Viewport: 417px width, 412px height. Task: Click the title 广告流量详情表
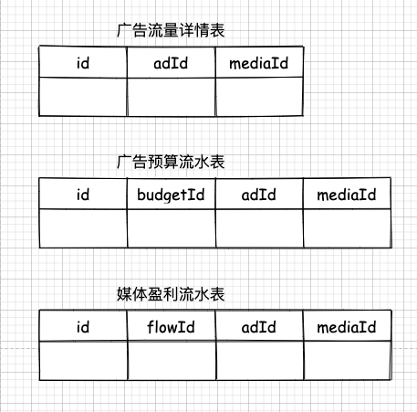point(171,30)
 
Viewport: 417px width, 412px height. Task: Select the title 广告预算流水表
point(171,162)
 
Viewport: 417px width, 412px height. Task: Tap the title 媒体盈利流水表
point(171,294)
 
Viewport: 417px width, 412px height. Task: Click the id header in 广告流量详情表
point(83,63)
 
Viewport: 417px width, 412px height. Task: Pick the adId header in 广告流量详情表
point(171,63)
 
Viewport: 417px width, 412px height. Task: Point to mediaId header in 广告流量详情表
point(258,63)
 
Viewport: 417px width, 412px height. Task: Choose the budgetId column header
point(171,195)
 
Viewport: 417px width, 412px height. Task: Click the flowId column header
point(171,327)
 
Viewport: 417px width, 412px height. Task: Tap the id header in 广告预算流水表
point(83,195)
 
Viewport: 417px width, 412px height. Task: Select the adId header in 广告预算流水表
point(259,195)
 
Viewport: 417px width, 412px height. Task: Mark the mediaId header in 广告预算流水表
point(347,195)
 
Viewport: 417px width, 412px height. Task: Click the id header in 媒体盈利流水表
point(83,327)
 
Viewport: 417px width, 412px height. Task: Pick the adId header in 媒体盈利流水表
point(259,327)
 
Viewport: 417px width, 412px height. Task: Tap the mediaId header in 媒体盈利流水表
point(347,327)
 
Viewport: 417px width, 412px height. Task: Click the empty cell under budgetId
point(172,228)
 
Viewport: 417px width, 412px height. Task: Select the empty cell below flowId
point(172,361)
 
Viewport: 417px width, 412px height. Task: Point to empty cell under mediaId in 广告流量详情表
point(259,97)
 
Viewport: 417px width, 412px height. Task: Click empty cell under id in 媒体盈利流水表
point(83,361)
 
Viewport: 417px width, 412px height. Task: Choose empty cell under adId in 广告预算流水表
point(259,228)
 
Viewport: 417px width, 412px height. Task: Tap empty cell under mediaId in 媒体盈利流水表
point(348,361)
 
